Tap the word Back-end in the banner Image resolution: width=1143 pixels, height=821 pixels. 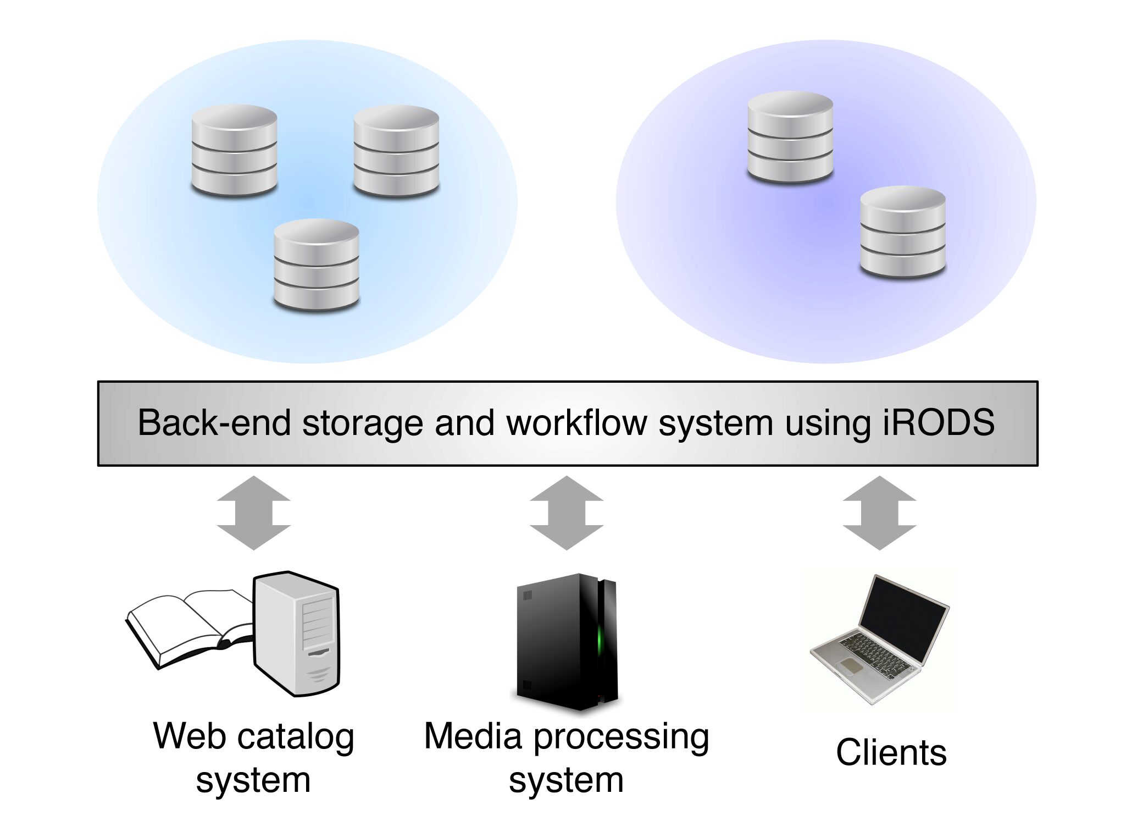[213, 422]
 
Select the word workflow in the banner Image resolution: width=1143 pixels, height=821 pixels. [576, 422]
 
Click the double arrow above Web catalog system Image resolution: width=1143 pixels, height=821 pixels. [253, 513]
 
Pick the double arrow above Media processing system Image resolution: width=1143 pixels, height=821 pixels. [567, 513]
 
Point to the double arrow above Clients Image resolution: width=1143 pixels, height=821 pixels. [879, 513]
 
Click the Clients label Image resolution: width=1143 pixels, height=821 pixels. [891, 752]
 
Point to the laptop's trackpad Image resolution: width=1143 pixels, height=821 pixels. [851, 666]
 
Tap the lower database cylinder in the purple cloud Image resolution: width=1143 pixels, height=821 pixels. [903, 232]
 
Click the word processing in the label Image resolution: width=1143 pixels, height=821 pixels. [621, 737]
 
